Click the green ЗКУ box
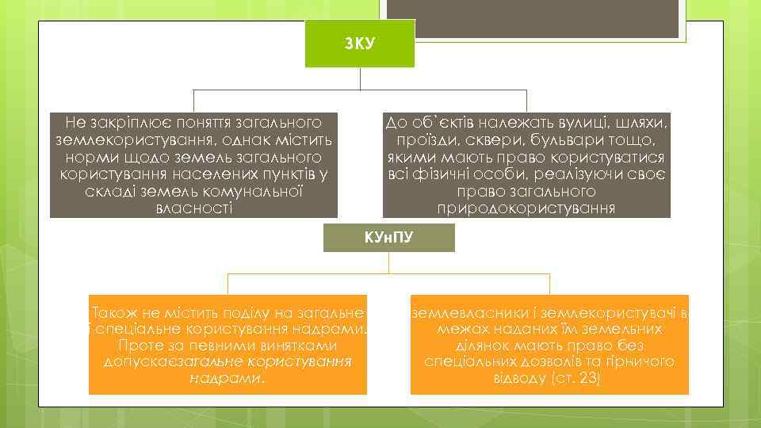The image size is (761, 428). [360, 43]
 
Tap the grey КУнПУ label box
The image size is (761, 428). [388, 238]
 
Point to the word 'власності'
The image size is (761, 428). [193, 208]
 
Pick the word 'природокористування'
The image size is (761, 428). [526, 208]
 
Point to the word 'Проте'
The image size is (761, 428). [140, 346]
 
